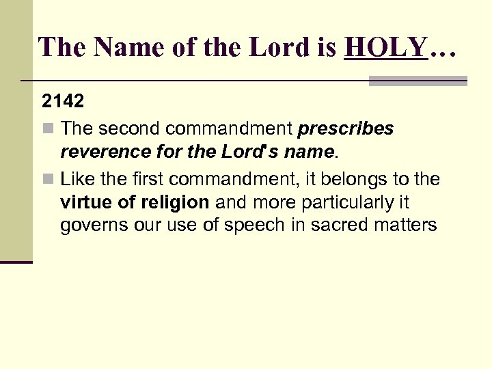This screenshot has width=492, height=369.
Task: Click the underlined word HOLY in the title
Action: [386, 47]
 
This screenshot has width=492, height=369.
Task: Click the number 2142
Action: [63, 102]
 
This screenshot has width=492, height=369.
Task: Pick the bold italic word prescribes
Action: [346, 129]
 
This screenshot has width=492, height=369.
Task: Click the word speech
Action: [253, 225]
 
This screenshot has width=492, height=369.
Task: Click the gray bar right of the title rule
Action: [418, 81]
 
